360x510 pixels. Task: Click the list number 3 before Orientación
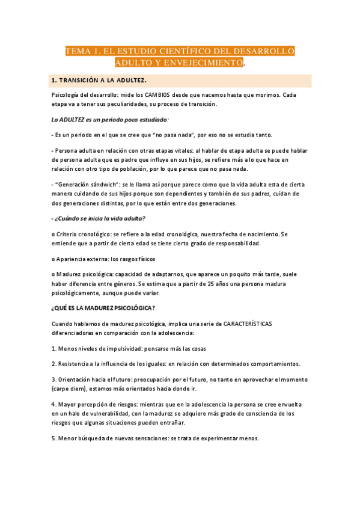pos(53,380)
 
